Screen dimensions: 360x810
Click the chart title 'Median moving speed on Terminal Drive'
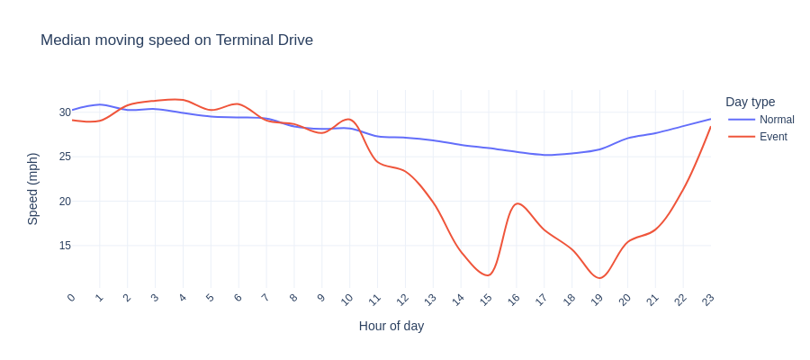tap(176, 40)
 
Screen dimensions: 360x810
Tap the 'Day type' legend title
tap(750, 102)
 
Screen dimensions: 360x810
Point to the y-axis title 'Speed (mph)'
tap(32, 188)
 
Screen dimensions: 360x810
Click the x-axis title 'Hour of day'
tap(391, 326)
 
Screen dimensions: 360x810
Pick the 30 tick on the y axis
tap(65, 112)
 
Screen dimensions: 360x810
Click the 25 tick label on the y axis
tap(65, 157)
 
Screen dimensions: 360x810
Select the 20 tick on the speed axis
tap(65, 201)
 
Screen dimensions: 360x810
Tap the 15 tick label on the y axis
tap(65, 246)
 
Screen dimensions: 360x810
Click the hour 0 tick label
tap(71, 298)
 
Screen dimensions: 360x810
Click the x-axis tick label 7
tap(265, 298)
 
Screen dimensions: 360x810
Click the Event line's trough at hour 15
tap(488, 275)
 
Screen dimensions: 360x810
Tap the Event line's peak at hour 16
tap(516, 203)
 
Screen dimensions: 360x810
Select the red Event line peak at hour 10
tap(349, 119)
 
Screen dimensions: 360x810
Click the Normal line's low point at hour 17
tap(544, 155)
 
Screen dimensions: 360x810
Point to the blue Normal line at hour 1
tap(100, 104)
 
